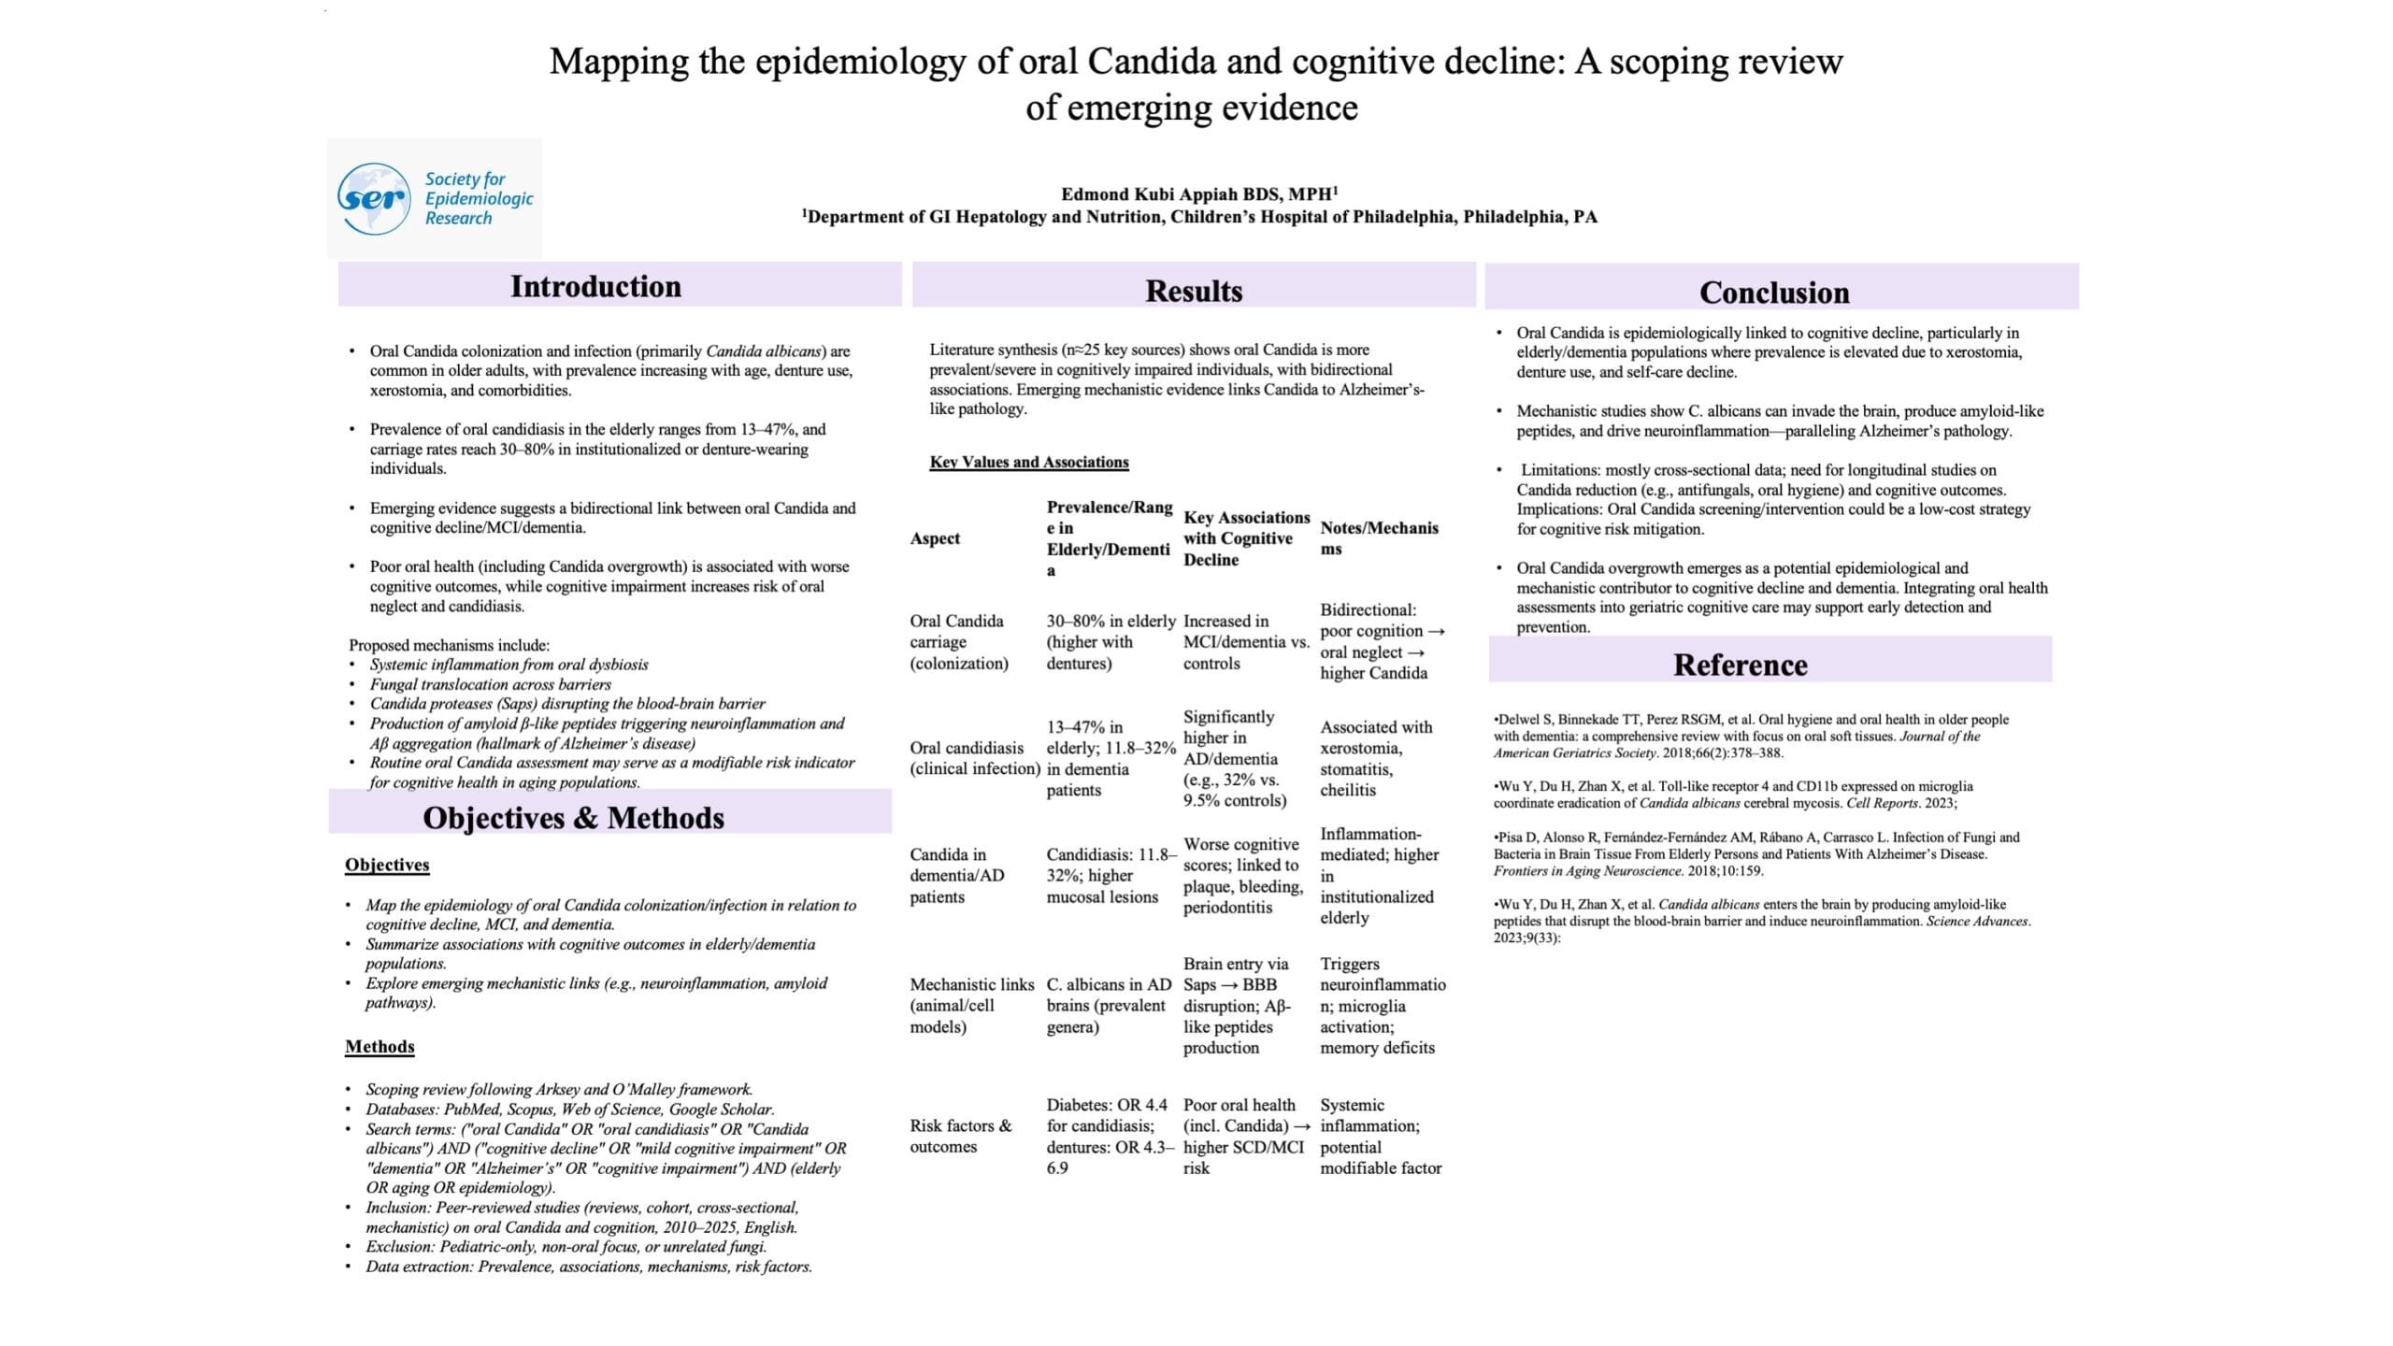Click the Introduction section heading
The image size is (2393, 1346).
pos(595,286)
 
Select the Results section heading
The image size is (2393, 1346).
pos(1194,291)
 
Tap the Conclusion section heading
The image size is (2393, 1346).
pos(1773,293)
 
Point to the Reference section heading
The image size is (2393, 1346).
pos(1740,665)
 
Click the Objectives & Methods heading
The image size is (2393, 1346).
pos(573,818)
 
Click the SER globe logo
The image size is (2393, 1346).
pos(373,198)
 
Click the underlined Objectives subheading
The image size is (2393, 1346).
pos(387,865)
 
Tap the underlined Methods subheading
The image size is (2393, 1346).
pos(380,1046)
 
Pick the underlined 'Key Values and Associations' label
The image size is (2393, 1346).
pos(1028,462)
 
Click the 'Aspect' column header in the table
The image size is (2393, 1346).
pos(935,538)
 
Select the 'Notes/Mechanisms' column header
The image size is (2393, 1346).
pos(1378,538)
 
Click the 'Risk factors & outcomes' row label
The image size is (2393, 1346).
pos(960,1136)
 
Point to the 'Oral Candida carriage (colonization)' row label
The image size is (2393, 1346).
pos(958,642)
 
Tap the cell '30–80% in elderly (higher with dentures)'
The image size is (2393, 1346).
pos(1110,642)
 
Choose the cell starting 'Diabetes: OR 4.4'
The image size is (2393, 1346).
pos(1108,1136)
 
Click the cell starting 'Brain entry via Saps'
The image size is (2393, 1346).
pos(1237,1005)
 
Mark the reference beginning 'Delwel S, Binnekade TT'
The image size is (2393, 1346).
pos(1750,736)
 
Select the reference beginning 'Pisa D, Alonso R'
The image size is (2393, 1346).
pos(1755,853)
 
